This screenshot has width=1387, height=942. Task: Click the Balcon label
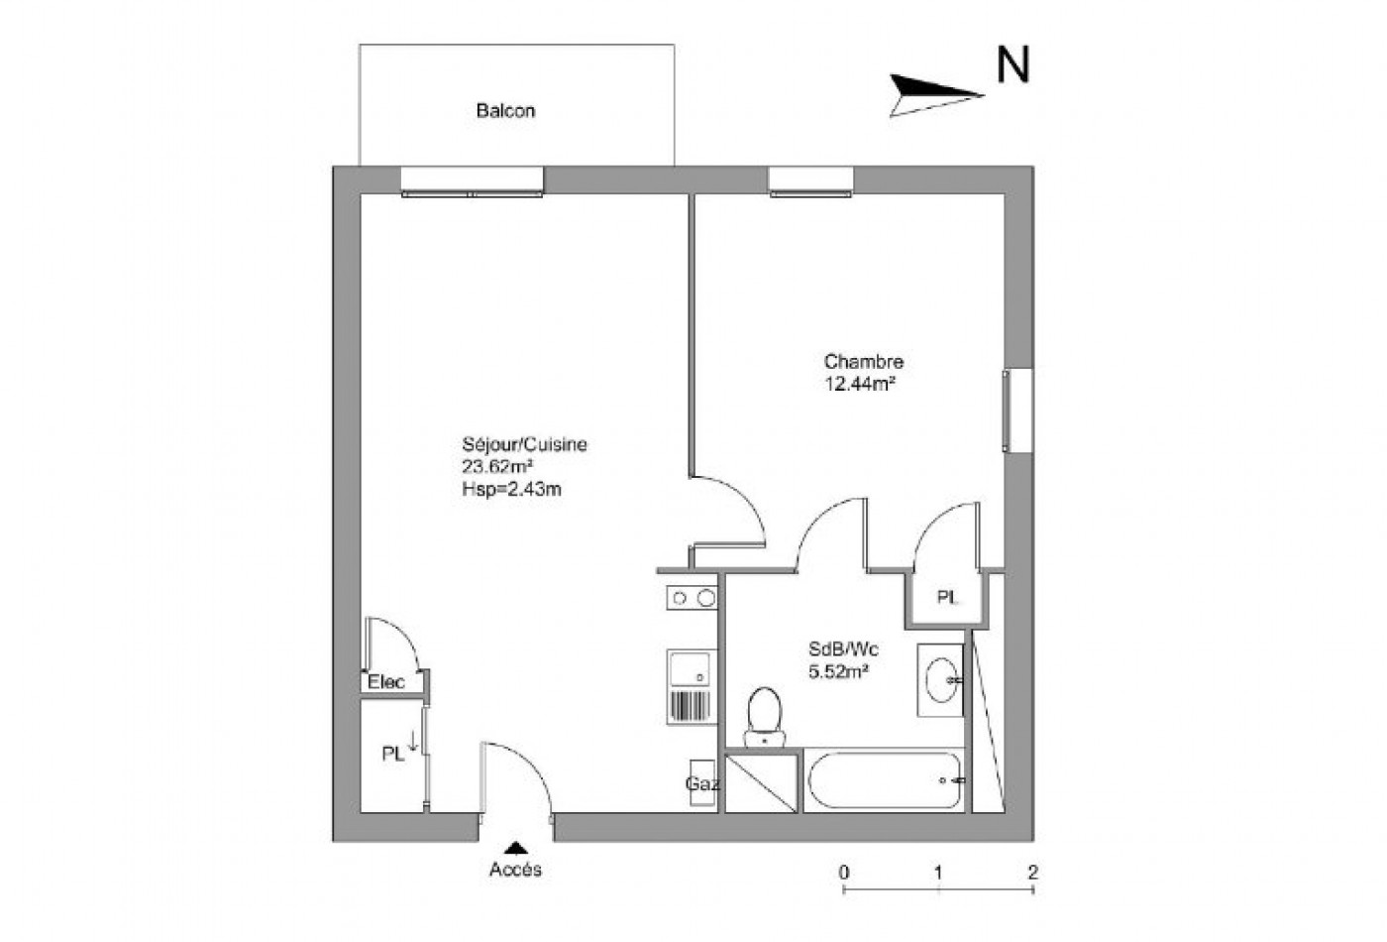pyautogui.click(x=505, y=110)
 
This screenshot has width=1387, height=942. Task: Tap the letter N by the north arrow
pyautogui.click(x=1013, y=65)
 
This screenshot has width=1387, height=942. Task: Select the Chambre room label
pyautogui.click(x=863, y=362)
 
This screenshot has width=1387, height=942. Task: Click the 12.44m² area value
pyautogui.click(x=860, y=384)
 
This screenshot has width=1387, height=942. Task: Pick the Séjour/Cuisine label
pyautogui.click(x=524, y=445)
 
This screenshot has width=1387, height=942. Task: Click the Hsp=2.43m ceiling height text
pyautogui.click(x=511, y=489)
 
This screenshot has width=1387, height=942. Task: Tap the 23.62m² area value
pyautogui.click(x=498, y=467)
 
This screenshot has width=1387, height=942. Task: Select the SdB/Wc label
pyautogui.click(x=843, y=649)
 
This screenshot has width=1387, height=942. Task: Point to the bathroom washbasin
pyautogui.click(x=939, y=679)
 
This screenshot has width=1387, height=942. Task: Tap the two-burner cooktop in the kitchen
pyautogui.click(x=692, y=598)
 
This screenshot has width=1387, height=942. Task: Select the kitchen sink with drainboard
pyautogui.click(x=692, y=686)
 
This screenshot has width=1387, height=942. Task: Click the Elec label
pyautogui.click(x=386, y=682)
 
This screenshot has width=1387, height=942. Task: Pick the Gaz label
pyautogui.click(x=702, y=783)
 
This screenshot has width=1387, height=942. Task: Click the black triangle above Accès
pyautogui.click(x=515, y=848)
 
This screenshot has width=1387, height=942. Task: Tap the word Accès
pyautogui.click(x=515, y=870)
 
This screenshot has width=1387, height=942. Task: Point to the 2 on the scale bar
pyautogui.click(x=1032, y=873)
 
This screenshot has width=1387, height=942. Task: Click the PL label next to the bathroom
pyautogui.click(x=947, y=598)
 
